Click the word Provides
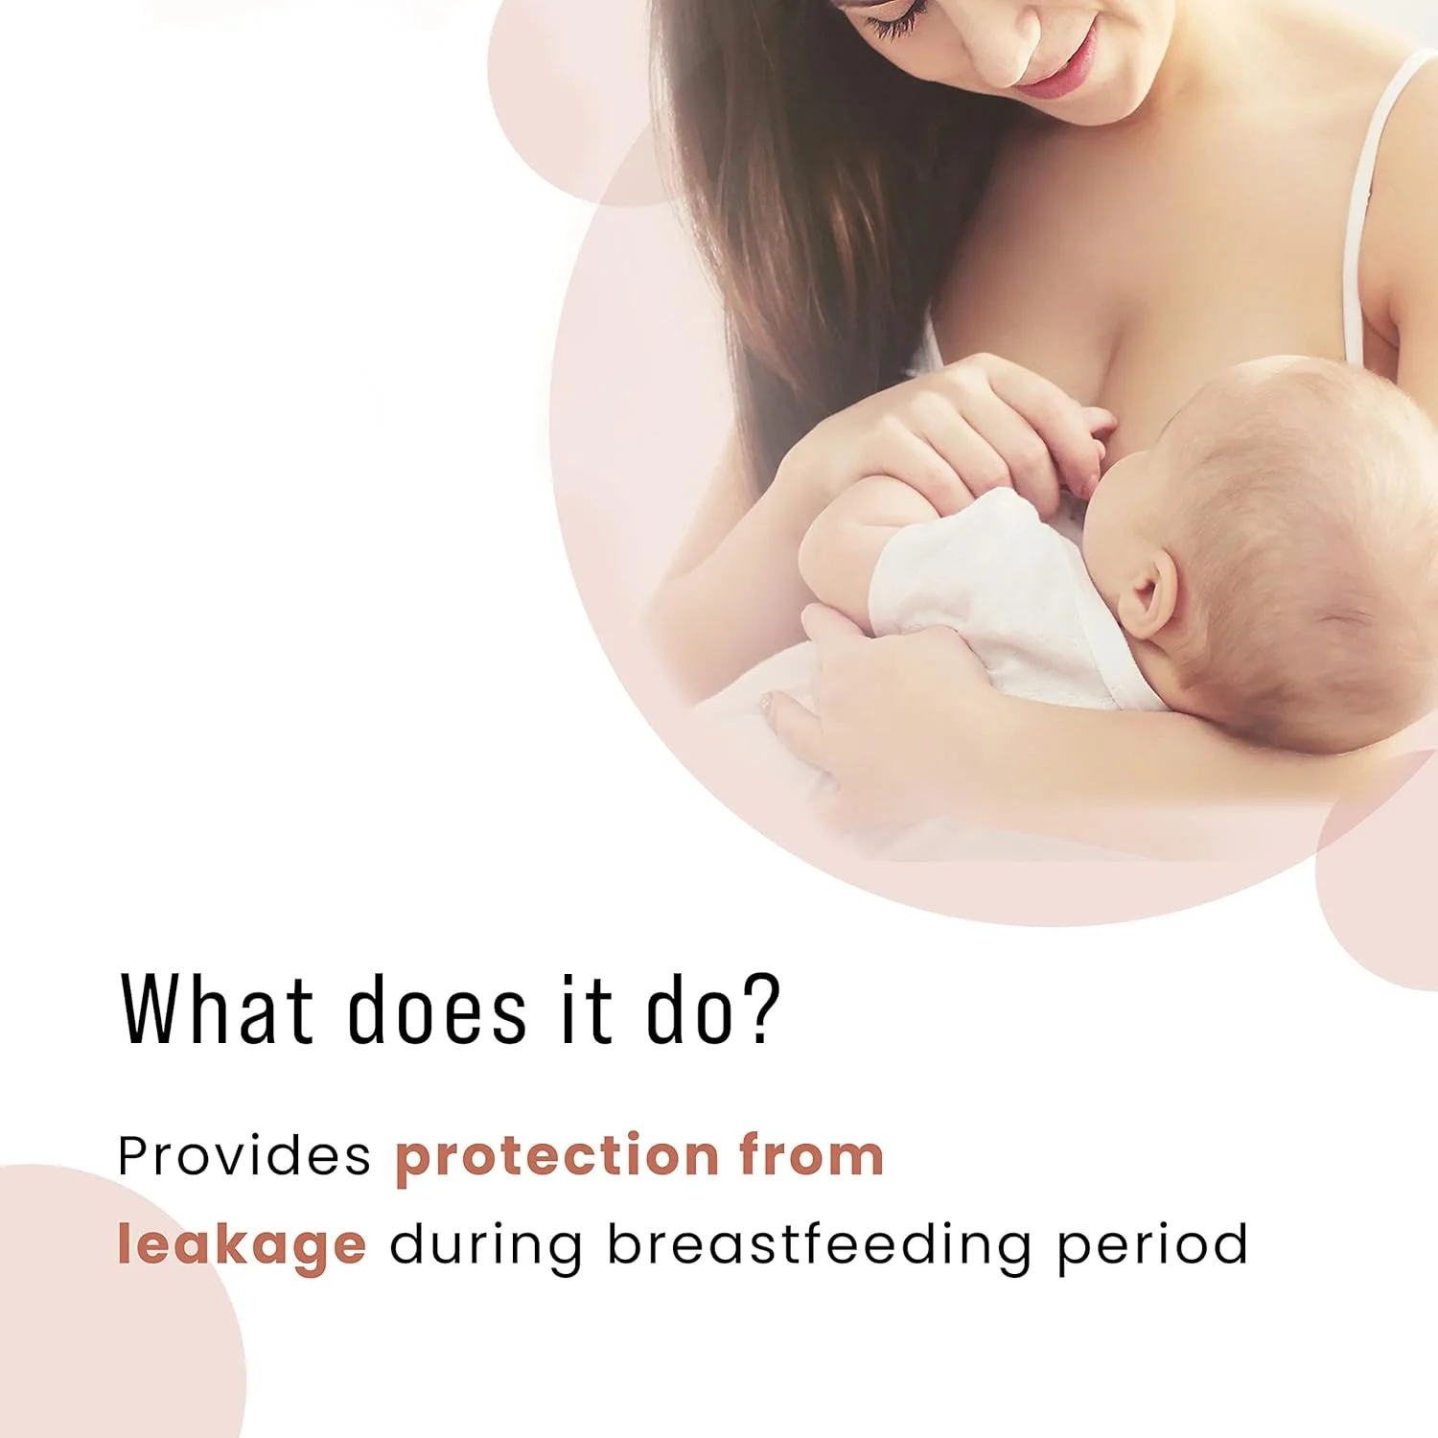pos(244,1155)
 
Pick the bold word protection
pos(557,1157)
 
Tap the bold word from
pos(811,1154)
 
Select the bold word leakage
pos(242,1245)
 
